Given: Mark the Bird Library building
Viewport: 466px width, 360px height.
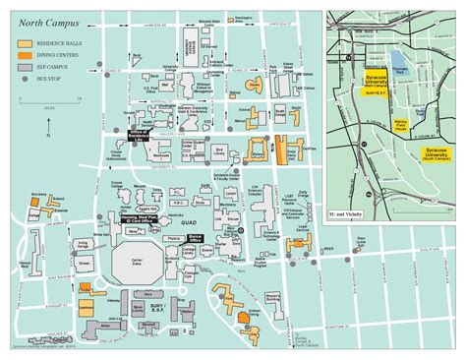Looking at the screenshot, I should (218, 150).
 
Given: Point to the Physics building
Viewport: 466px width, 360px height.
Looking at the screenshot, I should (174, 237).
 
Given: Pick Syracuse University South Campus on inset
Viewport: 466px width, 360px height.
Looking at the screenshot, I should (435, 152).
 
